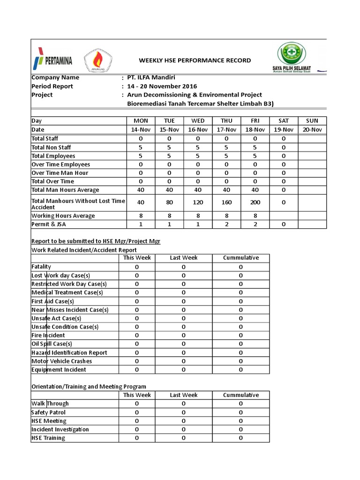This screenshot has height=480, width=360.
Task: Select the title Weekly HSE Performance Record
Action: point(195,60)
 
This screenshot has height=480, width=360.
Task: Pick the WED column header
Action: point(198,121)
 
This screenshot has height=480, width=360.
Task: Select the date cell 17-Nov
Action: point(226,130)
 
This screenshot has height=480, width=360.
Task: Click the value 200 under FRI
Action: point(255,202)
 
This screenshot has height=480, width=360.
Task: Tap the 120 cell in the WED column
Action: point(198,202)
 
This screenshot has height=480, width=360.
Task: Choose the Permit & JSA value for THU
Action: point(226,225)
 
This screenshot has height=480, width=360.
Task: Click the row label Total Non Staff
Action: point(51,147)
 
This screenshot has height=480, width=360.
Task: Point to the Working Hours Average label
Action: point(63,216)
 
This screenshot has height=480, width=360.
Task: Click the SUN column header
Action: point(312,121)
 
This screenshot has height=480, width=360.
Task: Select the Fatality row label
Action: point(41,267)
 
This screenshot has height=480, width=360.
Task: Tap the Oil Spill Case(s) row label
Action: point(52,344)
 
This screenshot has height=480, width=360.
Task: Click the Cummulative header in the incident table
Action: point(240,258)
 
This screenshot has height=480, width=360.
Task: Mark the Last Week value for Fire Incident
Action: point(183,336)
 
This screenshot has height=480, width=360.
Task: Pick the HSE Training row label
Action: point(48,438)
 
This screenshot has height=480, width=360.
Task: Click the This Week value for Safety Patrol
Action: point(137,412)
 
